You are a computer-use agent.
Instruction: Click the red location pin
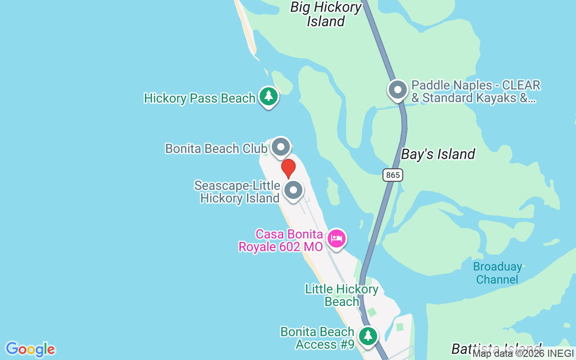288,168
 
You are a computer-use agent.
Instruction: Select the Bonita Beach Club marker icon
281,147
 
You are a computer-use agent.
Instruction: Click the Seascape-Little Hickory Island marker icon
293,190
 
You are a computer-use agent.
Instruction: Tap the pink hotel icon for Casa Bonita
336,238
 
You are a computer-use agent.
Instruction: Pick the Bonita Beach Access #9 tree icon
368,336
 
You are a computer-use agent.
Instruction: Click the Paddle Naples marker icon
398,90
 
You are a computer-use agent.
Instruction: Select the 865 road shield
393,175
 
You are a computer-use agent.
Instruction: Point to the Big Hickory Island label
326,14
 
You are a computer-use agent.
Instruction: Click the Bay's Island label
438,154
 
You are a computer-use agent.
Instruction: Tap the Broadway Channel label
497,273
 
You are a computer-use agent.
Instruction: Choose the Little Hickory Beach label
342,295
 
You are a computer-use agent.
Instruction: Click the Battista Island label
496,349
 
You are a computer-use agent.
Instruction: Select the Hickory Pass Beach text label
200,98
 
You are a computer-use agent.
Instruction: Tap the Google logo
30,349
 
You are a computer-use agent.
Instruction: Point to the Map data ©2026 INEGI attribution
523,354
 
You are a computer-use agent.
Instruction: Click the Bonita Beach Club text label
216,148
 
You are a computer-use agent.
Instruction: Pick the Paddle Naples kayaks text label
476,91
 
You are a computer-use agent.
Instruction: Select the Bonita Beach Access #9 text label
317,338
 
